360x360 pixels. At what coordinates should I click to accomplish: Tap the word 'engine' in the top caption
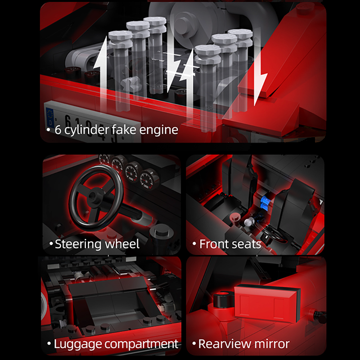click(x=159, y=130)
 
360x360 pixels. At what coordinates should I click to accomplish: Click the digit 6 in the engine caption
click(x=58, y=130)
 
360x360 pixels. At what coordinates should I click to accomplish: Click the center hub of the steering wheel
click(x=93, y=195)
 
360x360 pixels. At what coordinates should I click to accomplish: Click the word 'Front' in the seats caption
click(x=213, y=244)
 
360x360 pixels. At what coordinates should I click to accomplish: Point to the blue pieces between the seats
click(x=265, y=202)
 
